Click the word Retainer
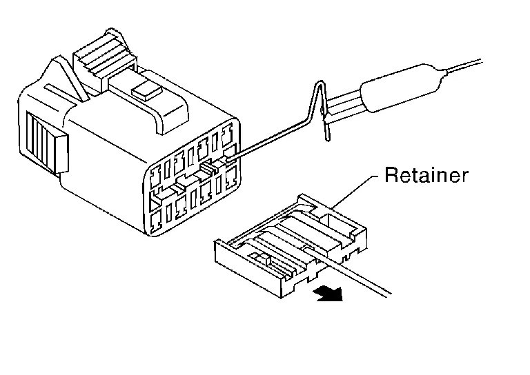426,175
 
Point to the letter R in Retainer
390,175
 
